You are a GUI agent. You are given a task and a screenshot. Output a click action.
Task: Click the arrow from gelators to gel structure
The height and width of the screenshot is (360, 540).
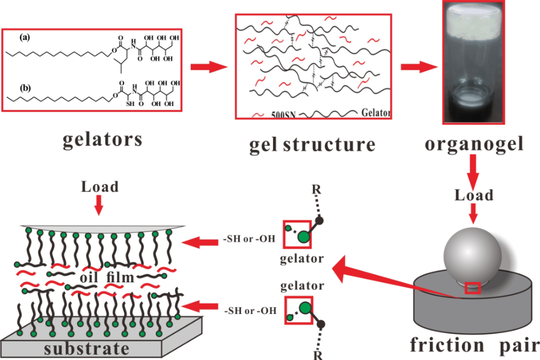209,67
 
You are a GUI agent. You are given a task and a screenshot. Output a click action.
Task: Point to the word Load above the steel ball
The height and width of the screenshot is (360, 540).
474,195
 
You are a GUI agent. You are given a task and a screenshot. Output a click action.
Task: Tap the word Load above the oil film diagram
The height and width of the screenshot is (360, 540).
100,187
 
